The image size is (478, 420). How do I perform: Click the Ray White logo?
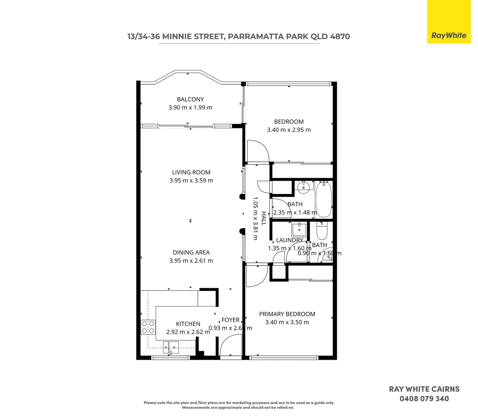[x=448, y=35]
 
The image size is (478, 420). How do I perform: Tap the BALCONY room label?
[x=190, y=99]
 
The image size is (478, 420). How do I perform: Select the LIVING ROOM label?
[x=191, y=172]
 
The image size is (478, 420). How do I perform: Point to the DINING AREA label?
[x=191, y=252]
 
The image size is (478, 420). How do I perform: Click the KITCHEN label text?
[x=188, y=324]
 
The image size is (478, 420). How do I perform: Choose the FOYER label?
[x=230, y=320]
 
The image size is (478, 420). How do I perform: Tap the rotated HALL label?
[x=264, y=219]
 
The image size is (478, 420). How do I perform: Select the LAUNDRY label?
[x=289, y=240]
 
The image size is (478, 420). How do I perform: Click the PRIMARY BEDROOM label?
[x=287, y=314]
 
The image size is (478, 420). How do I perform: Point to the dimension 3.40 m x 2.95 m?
[x=289, y=130]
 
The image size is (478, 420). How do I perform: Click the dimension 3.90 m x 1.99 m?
[x=190, y=108]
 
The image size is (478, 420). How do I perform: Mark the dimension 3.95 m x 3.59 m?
[x=191, y=180]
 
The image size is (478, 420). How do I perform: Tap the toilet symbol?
[x=322, y=231]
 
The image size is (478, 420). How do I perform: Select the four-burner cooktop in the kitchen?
[x=148, y=327]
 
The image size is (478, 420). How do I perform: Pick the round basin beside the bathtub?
[x=303, y=187]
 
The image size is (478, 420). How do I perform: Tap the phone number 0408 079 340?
[x=424, y=399]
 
